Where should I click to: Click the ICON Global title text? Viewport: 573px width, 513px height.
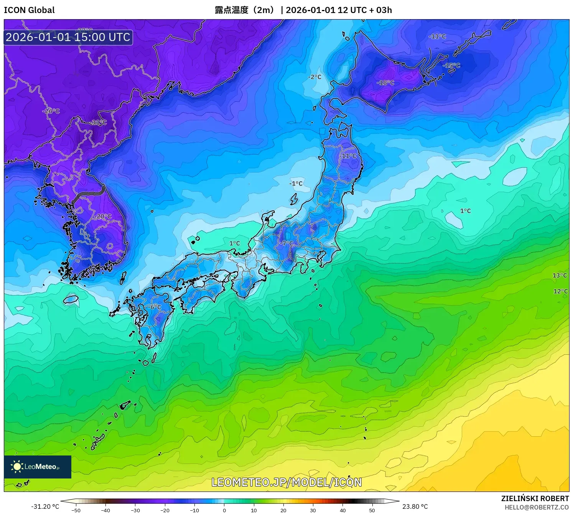click(x=29, y=10)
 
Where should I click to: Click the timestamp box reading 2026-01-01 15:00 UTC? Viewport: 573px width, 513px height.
click(x=68, y=37)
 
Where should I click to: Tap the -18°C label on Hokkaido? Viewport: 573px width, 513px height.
click(x=385, y=82)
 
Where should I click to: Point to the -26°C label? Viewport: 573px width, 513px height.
click(x=51, y=111)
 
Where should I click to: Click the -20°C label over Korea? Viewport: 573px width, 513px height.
click(x=103, y=216)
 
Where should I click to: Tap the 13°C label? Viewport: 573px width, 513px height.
click(x=560, y=275)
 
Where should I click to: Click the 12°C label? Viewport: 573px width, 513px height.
click(x=560, y=291)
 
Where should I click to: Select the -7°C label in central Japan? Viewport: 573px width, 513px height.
click(x=286, y=243)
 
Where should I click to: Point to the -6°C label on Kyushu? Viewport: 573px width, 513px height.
click(x=155, y=307)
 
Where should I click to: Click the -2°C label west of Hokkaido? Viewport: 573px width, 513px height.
click(x=314, y=77)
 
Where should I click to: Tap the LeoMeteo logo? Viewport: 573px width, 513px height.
click(x=38, y=467)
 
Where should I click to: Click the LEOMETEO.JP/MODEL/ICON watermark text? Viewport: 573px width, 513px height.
click(x=286, y=482)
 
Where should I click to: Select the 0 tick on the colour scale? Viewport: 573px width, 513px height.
click(x=224, y=510)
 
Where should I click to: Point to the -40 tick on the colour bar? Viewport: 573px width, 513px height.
click(x=105, y=510)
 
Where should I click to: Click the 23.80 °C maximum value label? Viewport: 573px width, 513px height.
click(x=415, y=506)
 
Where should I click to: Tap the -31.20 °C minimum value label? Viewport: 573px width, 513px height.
click(x=45, y=506)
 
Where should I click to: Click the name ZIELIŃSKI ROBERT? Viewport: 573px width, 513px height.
click(x=535, y=498)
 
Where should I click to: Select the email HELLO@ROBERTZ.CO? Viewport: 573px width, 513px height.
click(x=537, y=507)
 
